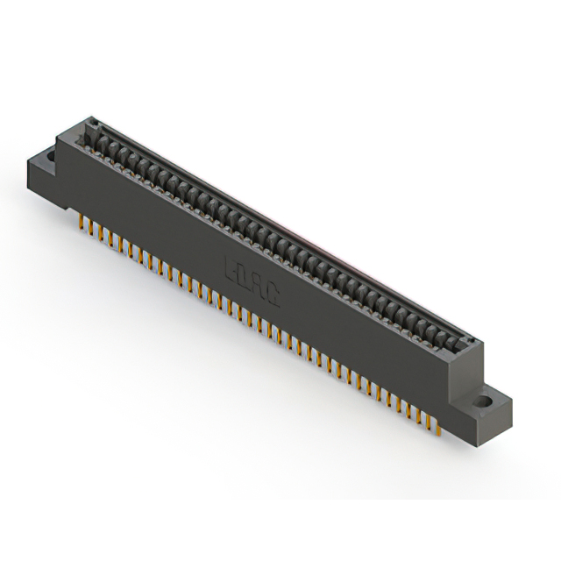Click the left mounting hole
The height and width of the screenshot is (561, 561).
click(50, 157)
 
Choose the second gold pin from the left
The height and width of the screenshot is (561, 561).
click(89, 230)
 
